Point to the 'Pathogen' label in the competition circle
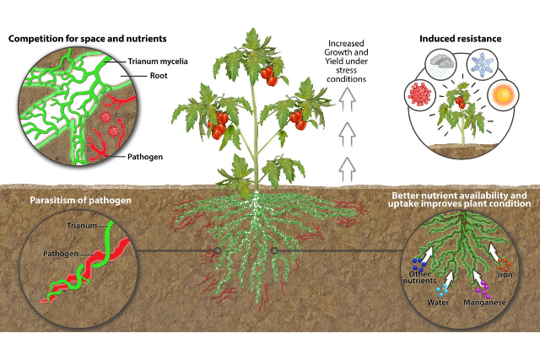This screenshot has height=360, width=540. click(x=147, y=157)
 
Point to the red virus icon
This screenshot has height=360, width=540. click(x=423, y=91)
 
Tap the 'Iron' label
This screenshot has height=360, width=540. click(x=504, y=274)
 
